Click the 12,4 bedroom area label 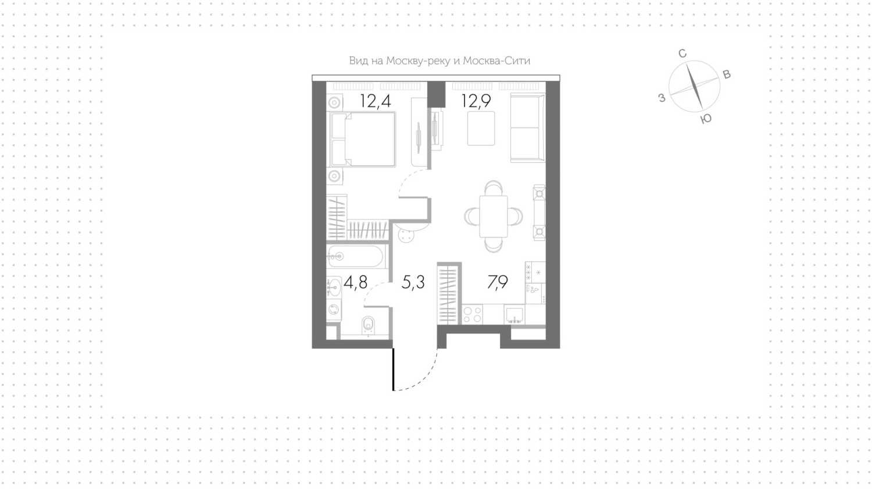coord(376,101)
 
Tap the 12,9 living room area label coord(476,101)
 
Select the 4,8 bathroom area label coord(355,282)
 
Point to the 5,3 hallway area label coord(413,282)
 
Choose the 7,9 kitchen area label coord(498,282)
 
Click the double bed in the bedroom coord(363,139)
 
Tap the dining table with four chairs coord(494,216)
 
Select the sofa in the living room coord(528,128)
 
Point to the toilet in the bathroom coord(368,325)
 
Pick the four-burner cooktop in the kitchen coord(473,314)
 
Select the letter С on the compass coord(682,54)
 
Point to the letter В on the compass coord(727,74)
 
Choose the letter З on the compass coord(662,98)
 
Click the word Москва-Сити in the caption coord(496,61)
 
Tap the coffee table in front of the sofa coord(481,128)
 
